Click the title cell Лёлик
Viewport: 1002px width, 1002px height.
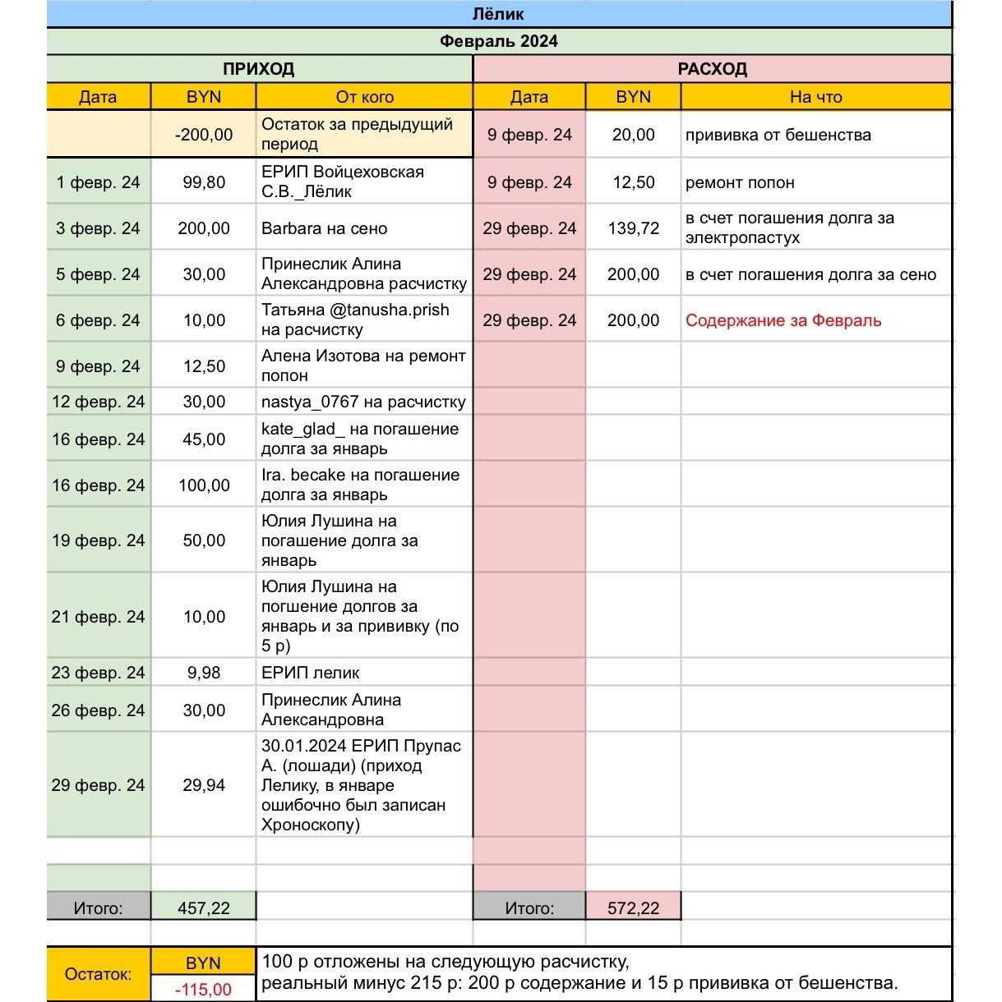(x=498, y=14)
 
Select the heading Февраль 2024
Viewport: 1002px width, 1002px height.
(x=498, y=41)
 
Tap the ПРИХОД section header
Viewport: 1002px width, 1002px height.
(x=258, y=69)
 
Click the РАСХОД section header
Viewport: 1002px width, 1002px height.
(x=712, y=69)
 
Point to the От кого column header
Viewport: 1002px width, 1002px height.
(x=364, y=97)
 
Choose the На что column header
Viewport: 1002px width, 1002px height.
(x=815, y=97)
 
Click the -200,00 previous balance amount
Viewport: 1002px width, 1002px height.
(x=203, y=135)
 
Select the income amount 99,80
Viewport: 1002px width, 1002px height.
(x=203, y=182)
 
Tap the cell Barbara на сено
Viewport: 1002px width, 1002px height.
(x=324, y=228)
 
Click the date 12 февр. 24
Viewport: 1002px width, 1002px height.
(x=98, y=402)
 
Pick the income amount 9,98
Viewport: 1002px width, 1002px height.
(x=203, y=673)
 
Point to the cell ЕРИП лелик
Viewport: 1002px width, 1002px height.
(x=311, y=673)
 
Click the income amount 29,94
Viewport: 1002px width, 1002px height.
(x=203, y=785)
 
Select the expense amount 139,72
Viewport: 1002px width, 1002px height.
(x=633, y=228)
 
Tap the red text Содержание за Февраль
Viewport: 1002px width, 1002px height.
(x=783, y=320)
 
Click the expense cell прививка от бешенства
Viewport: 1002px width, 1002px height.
(x=778, y=135)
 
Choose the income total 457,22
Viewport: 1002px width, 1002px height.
(x=203, y=908)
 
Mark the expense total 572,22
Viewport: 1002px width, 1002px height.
(x=633, y=908)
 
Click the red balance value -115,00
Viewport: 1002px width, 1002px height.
(x=203, y=990)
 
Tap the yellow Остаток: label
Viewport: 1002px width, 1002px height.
(x=98, y=975)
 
